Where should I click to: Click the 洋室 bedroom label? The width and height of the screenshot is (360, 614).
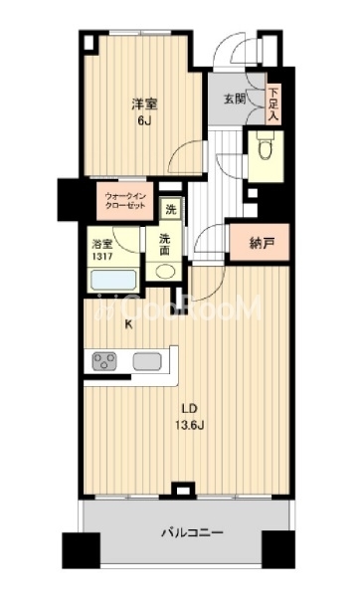[144, 104]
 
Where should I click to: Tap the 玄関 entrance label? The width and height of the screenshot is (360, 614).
[235, 99]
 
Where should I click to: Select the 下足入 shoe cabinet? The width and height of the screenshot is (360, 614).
[273, 104]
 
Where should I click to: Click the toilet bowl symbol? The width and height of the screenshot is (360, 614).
[267, 146]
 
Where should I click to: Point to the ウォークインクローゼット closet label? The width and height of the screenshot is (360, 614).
[125, 201]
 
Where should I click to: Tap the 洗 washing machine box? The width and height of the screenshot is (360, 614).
[171, 210]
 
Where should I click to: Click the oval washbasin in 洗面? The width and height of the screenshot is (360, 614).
[165, 272]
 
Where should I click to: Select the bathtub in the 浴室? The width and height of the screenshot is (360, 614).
[113, 280]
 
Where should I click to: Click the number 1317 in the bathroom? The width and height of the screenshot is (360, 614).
[102, 257]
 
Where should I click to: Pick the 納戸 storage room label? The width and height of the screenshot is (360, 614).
[260, 244]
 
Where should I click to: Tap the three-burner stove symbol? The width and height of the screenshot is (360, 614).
[104, 361]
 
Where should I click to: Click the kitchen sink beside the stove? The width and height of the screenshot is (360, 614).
[147, 361]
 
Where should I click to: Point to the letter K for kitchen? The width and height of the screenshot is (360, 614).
[127, 324]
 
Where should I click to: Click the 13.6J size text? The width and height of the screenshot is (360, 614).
[191, 425]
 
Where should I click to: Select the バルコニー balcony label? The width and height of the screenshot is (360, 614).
[193, 532]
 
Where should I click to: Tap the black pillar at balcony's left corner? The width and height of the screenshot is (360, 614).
[81, 549]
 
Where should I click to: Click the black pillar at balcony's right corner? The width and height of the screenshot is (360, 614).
[278, 549]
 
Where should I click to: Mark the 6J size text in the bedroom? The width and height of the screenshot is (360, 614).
[144, 121]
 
